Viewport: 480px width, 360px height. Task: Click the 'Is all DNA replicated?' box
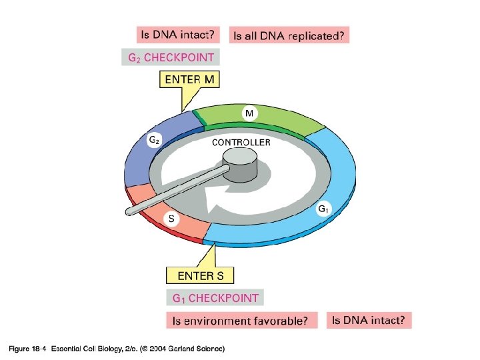point(289,35)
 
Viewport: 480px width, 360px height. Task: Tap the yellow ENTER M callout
point(190,80)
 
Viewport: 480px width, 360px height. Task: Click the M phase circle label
point(248,114)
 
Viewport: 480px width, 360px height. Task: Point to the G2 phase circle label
point(153,140)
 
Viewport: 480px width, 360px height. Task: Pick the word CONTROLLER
point(241,142)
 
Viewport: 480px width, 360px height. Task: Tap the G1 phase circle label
point(323,209)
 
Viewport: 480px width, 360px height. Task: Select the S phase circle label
point(171,218)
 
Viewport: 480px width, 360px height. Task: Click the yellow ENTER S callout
point(199,275)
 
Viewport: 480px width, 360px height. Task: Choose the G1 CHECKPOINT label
point(215,297)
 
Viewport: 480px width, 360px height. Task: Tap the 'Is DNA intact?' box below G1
point(369,320)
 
